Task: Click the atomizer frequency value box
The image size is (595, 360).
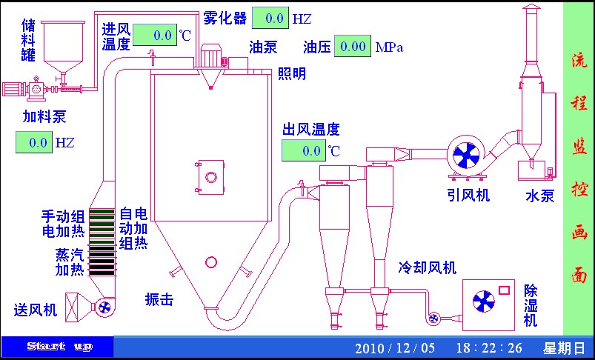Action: (270, 18)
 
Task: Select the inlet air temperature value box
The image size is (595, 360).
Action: (155, 36)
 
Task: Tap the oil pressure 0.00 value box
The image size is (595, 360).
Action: (352, 47)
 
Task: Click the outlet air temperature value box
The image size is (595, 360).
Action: (303, 150)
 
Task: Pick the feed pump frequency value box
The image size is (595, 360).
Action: (33, 141)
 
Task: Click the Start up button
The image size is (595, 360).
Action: (59, 347)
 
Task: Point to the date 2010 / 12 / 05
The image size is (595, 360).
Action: (396, 347)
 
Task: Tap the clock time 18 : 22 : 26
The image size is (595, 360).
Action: (489, 347)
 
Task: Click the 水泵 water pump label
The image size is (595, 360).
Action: (540, 196)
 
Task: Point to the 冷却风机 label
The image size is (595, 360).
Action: (428, 267)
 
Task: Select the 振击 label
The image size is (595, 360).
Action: (159, 299)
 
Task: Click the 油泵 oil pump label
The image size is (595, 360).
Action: (263, 47)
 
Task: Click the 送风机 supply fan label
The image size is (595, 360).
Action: (36, 310)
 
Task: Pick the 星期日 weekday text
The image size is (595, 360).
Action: (564, 347)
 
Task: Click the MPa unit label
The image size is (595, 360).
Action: (389, 47)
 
